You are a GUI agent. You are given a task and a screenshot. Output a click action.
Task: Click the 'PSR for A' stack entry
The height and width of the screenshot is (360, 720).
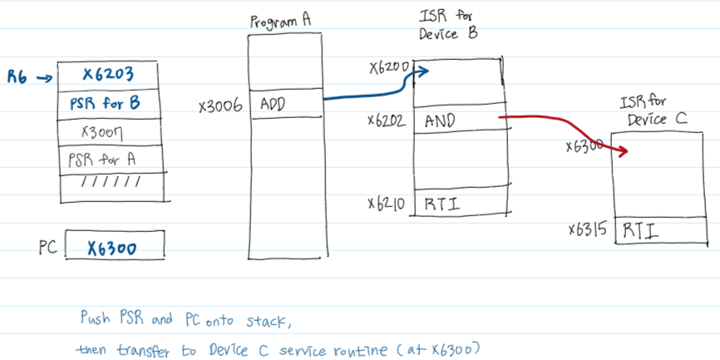[104, 158]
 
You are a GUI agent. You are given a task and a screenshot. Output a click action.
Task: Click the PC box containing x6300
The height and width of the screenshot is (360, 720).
[113, 247]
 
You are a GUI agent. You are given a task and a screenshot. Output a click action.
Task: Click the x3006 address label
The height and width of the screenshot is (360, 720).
[220, 106]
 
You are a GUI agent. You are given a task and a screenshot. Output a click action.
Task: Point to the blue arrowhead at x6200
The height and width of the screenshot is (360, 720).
[424, 72]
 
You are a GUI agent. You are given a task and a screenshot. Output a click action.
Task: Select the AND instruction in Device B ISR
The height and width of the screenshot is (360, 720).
[440, 120]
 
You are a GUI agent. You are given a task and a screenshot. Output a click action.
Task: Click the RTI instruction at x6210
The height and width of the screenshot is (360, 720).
[440, 203]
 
